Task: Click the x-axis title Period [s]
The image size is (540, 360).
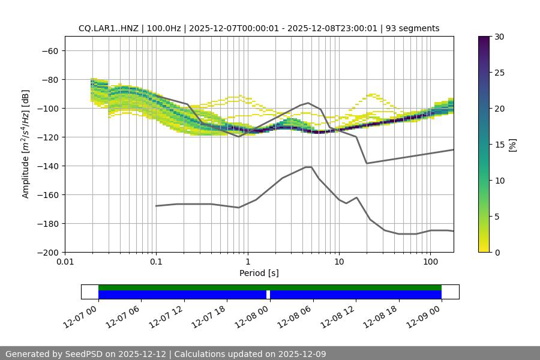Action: tap(259, 273)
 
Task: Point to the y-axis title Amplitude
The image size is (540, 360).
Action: tap(26, 144)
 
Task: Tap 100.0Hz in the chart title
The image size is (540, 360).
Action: tap(161, 28)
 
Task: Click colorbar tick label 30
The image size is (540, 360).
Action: tap(499, 37)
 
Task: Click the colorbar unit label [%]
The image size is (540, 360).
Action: tap(512, 145)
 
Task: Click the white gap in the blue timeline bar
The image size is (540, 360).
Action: tap(268, 295)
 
